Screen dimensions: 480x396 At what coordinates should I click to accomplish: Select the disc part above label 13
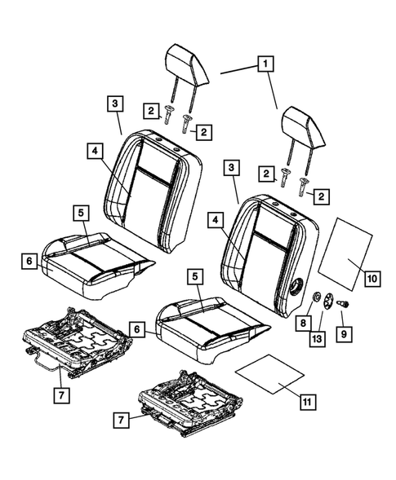tap(327, 300)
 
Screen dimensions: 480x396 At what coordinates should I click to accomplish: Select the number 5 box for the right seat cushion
tap(194, 276)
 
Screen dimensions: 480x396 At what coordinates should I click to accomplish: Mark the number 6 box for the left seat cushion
tap(29, 260)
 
